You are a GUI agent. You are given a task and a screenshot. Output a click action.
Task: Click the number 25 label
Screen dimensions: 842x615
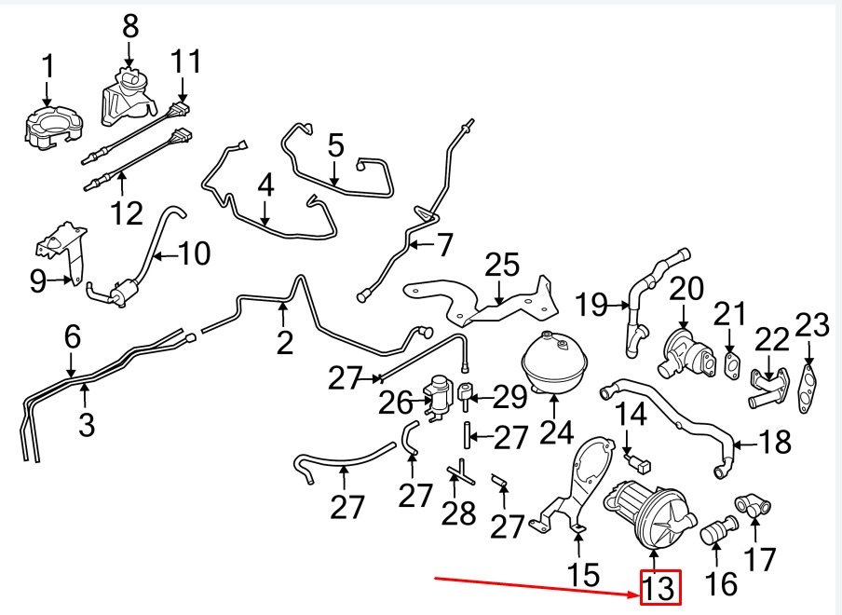click(501, 265)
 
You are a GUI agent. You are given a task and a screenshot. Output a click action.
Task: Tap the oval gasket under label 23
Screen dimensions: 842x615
click(808, 389)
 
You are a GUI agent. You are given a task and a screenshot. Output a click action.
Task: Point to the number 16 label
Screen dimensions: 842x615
click(722, 583)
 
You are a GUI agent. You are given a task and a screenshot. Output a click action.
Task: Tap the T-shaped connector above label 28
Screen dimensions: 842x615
click(459, 472)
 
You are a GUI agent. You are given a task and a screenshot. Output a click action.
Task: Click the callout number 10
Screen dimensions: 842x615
click(195, 253)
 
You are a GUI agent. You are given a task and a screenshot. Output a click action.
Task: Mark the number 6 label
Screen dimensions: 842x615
click(73, 337)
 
